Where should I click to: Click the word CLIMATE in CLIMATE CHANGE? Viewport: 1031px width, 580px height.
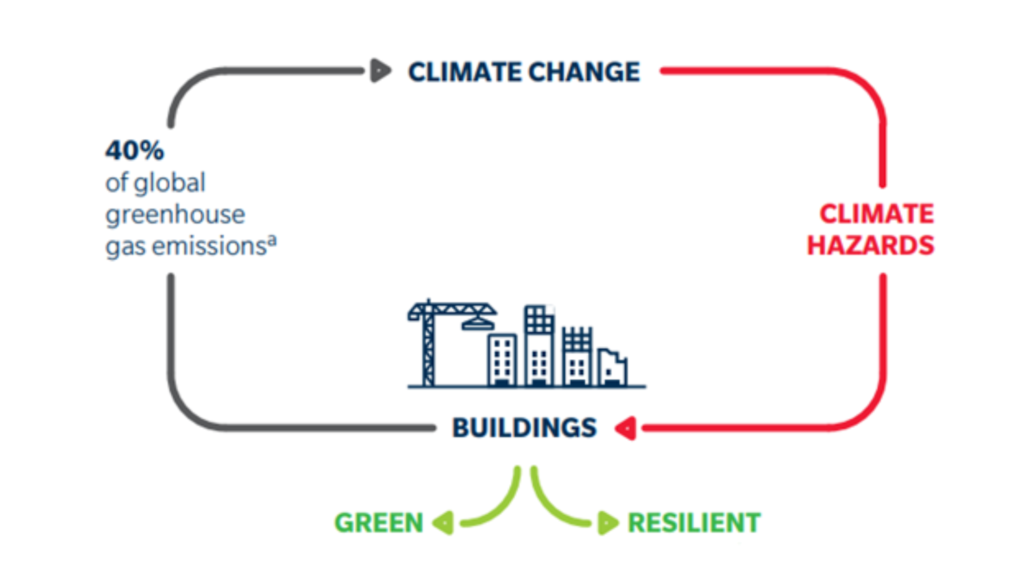pos(464,72)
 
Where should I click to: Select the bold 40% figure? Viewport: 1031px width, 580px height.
pos(134,150)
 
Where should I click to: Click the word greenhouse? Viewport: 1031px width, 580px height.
pos(175,215)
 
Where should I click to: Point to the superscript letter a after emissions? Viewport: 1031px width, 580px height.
pos(272,239)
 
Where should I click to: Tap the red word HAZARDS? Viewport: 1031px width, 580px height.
pos(870,245)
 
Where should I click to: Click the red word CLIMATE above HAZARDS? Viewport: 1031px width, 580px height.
pos(877,214)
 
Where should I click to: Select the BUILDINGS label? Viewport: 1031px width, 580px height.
pos(524,428)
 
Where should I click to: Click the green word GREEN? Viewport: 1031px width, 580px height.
pos(378,523)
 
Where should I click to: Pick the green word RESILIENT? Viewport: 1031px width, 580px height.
pos(694,523)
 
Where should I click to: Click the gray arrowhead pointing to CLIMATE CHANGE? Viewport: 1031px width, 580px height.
pos(380,71)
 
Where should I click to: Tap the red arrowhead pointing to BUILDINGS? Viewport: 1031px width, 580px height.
pos(626,428)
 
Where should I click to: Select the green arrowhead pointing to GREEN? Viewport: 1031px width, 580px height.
pos(444,522)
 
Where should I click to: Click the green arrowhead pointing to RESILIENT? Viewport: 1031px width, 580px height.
pos(607,522)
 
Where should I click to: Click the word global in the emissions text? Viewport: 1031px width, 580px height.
pos(169,183)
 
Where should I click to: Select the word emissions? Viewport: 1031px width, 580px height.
pos(208,246)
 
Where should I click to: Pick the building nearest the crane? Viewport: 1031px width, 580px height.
pos(502,359)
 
